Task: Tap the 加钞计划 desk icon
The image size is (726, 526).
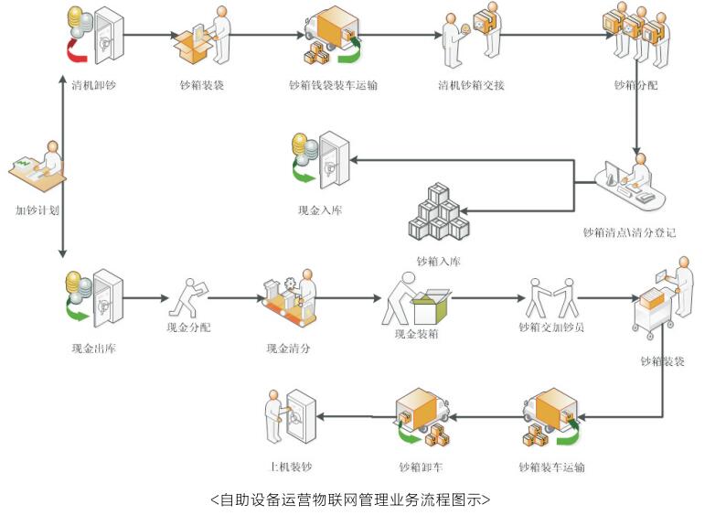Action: tap(38, 167)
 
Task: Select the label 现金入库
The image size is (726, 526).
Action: tap(320, 209)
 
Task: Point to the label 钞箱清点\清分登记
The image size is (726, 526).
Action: tap(630, 232)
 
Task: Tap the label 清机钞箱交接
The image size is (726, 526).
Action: tap(471, 85)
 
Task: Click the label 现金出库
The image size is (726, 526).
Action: tap(93, 348)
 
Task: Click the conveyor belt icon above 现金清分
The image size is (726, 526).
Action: tap(291, 297)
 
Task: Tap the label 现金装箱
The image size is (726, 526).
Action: tap(417, 334)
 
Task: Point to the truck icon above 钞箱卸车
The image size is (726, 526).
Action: tap(422, 416)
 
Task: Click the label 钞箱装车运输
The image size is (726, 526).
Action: tap(550, 467)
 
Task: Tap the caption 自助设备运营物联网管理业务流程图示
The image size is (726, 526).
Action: tap(351, 499)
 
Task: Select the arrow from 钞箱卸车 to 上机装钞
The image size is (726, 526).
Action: tap(351, 417)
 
